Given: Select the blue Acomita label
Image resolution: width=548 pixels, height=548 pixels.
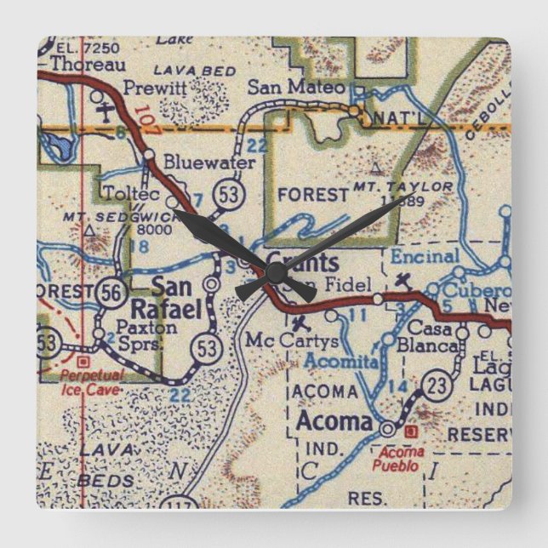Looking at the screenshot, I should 329,362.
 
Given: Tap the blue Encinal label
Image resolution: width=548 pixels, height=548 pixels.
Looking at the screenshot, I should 425,255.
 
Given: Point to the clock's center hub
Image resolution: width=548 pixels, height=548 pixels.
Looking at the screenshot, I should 274,272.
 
